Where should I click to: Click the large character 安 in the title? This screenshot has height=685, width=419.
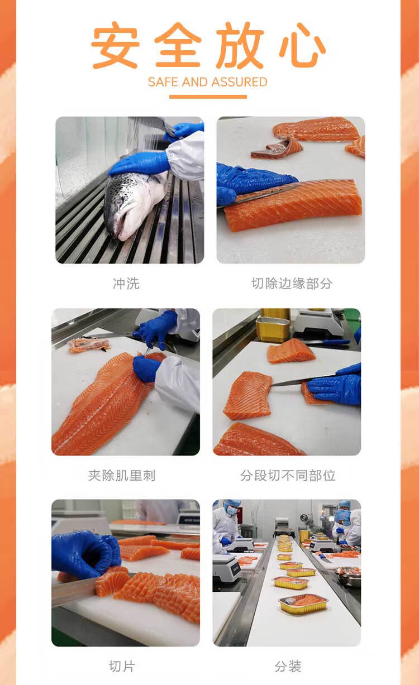point(115,45)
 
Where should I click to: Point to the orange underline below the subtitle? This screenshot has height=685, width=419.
point(208,97)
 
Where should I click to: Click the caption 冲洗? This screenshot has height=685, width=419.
point(126,284)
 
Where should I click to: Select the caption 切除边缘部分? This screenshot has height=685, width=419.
point(292,284)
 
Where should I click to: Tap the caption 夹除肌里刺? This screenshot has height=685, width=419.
point(122,475)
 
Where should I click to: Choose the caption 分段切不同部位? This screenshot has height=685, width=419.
point(288,475)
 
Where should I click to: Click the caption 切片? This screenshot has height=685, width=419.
point(122,667)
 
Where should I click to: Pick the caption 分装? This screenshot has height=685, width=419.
point(288,667)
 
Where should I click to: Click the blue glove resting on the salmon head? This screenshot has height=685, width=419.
point(139,164)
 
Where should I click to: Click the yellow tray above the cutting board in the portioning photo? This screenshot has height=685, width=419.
point(273,329)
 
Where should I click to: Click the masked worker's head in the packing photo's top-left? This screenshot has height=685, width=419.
point(231,508)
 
